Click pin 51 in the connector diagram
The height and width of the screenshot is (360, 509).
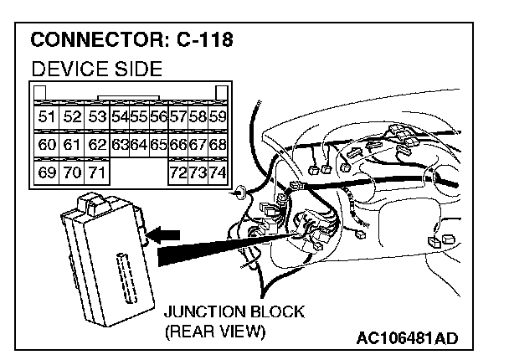click(x=46, y=116)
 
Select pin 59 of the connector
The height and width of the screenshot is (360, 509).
click(x=218, y=116)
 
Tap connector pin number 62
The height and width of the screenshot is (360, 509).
click(x=97, y=145)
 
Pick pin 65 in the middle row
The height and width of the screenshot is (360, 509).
click(x=158, y=145)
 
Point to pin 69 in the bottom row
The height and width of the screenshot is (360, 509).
click(x=46, y=173)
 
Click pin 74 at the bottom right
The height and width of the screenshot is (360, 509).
click(x=218, y=173)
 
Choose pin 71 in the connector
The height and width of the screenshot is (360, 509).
click(x=97, y=173)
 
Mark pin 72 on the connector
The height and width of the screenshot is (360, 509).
click(x=177, y=173)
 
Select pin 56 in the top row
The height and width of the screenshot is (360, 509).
click(x=158, y=116)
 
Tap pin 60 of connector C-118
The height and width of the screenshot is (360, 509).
click(x=46, y=145)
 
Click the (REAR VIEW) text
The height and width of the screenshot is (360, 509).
click(x=215, y=332)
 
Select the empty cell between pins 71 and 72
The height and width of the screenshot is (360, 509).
click(x=139, y=173)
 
